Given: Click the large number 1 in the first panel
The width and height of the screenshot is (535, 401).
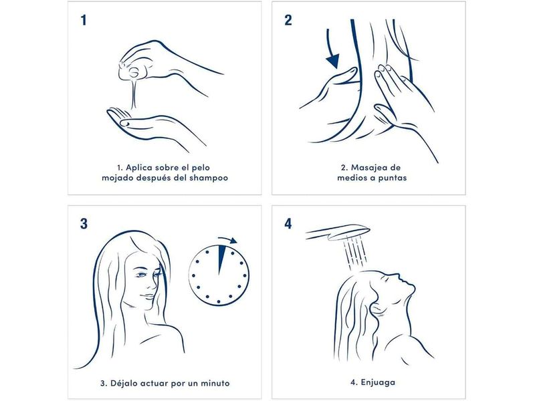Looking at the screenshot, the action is coord(84,20).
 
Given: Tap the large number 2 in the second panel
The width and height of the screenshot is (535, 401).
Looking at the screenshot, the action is coord(288,20).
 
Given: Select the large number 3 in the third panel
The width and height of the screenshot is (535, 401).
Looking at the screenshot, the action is coord(84,224).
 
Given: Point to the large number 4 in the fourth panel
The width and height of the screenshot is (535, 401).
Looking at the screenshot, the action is coord(288,224).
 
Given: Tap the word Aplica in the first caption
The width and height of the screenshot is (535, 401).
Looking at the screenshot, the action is coord(139,168).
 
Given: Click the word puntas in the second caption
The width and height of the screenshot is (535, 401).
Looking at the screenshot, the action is coord(393,178).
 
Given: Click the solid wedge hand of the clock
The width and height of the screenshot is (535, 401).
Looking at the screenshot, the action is coord(221,258).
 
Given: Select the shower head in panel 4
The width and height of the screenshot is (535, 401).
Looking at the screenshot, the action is coord(338,233).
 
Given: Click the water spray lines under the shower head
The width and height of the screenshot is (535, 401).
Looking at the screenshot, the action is coord(356,253).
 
